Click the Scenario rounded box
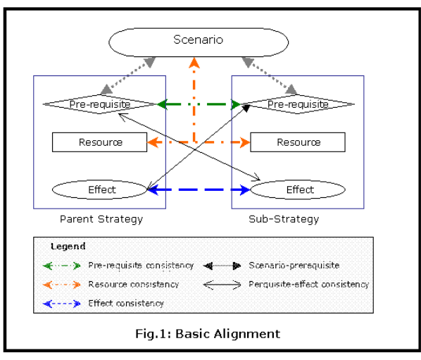pos(199,40)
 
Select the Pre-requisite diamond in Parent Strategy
pos(99,104)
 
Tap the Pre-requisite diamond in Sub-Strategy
pos(297,104)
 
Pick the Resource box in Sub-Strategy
pos(298,142)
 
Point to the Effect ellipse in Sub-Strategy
pos(299,190)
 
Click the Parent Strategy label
pos(101,219)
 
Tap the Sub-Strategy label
pos(284,219)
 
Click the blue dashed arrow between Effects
pos(199,190)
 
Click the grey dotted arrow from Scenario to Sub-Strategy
pos(271,75)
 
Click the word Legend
pos(68,247)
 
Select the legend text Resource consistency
pos(133,285)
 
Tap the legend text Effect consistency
pos(126,303)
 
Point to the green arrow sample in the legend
pos(63,266)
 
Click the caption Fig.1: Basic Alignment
pos(208,333)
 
